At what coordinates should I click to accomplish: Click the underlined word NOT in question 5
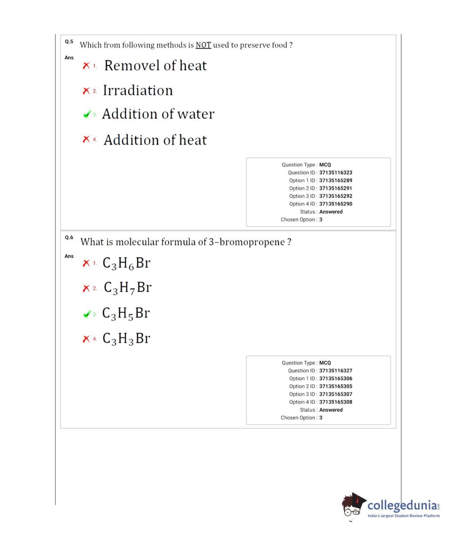[203, 45]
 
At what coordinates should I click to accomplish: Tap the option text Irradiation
[137, 90]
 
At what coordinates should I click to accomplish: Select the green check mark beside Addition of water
[87, 114]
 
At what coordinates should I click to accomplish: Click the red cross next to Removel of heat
[86, 66]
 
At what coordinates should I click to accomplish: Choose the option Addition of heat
[155, 140]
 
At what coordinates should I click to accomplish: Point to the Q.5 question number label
[69, 41]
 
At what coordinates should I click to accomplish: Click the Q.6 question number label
[69, 237]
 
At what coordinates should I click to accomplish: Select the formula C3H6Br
[126, 263]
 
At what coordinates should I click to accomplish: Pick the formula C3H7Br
[127, 288]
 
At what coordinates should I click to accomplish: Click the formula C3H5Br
[126, 313]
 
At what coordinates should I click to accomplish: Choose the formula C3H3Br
[126, 338]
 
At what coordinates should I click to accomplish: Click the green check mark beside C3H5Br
[87, 314]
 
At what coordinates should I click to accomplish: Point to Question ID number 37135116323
[335, 173]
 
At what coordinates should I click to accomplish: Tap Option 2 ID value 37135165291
[335, 188]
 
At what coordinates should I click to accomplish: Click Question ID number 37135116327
[335, 370]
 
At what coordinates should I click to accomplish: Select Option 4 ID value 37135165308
[335, 402]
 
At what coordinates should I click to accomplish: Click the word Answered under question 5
[331, 212]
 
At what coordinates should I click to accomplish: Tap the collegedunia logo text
[403, 506]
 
